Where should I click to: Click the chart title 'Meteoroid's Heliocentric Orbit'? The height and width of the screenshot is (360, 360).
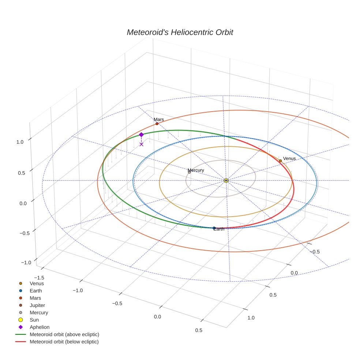click(x=180, y=32)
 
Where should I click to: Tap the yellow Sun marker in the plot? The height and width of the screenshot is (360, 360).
click(x=226, y=180)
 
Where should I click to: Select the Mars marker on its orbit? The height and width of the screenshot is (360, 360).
click(x=157, y=124)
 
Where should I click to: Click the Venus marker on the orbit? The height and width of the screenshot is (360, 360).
click(x=280, y=161)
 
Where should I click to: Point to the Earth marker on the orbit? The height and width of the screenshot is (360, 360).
click(x=214, y=228)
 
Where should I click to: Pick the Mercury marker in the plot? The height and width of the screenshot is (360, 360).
click(x=189, y=172)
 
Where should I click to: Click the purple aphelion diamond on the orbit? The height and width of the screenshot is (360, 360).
click(x=141, y=135)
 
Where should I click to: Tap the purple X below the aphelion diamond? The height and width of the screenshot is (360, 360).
click(x=141, y=145)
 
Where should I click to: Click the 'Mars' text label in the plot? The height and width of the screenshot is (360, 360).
click(x=159, y=119)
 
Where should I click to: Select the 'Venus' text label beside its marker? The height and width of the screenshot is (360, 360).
click(x=289, y=158)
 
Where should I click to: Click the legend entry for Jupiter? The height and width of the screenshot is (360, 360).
click(x=37, y=305)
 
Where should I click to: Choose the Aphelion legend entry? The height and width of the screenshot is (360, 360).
click(x=39, y=327)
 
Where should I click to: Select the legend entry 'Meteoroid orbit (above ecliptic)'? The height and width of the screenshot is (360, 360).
click(x=64, y=334)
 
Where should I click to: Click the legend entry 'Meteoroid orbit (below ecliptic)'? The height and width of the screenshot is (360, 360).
click(x=64, y=342)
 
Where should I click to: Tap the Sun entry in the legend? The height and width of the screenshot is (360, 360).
click(x=34, y=320)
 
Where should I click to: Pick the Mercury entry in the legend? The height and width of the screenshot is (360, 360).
click(x=38, y=312)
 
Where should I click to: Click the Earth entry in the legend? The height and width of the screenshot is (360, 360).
click(x=35, y=290)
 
